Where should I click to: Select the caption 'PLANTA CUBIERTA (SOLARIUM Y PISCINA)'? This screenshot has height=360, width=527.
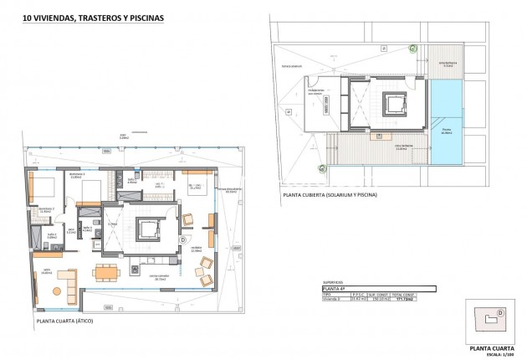click(329, 194)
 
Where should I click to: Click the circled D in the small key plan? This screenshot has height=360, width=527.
click(500, 314)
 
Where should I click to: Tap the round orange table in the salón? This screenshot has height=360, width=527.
click(57, 291)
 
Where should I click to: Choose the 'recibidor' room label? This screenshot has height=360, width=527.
click(197, 247)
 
